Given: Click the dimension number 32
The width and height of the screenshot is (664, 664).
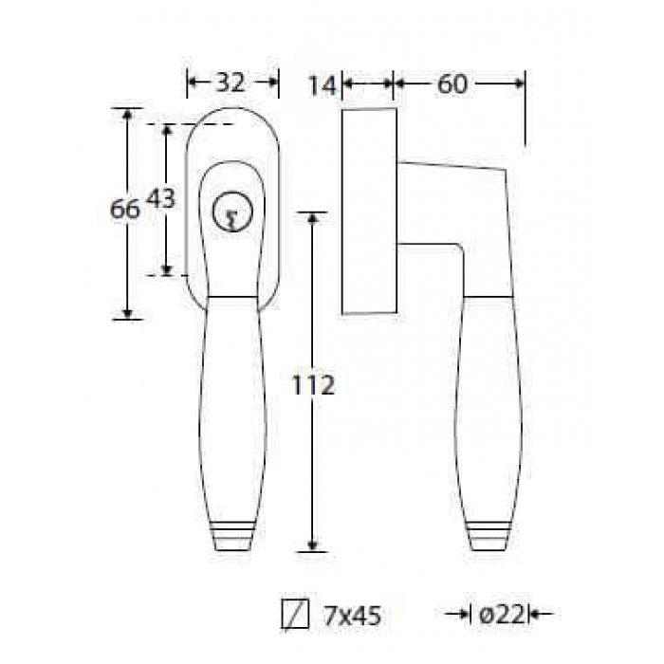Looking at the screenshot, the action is point(231,83).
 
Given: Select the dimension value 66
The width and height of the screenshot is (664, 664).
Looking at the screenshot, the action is point(124,209).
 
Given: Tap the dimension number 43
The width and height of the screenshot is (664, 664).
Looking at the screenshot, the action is point(160,198).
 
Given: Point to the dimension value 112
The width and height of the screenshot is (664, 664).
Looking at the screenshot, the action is point(314,385).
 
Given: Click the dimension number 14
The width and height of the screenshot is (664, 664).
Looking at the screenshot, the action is point(322,85).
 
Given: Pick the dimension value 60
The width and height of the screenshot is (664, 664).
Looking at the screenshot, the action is point(452,83).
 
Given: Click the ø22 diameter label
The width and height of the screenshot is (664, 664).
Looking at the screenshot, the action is point(502,615).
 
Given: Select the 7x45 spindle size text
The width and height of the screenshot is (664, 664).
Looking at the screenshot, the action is point(352,616).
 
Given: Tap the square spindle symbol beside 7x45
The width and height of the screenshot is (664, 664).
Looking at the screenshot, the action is point(295,614).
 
